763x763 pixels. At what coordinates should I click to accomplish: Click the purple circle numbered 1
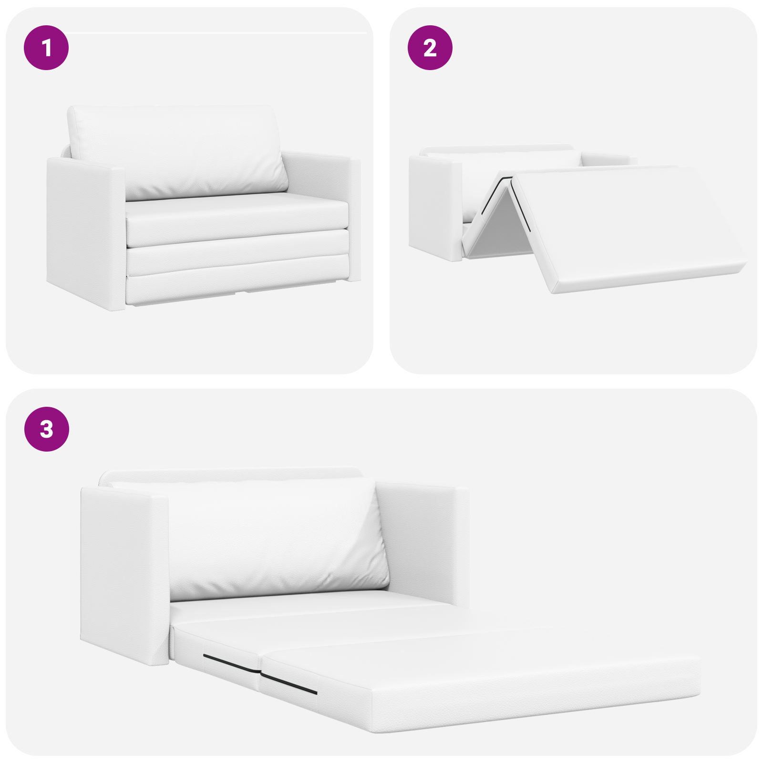point(46,48)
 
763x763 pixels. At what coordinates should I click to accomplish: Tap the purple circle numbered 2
point(430,48)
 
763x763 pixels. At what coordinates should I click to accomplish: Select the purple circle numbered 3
point(46,429)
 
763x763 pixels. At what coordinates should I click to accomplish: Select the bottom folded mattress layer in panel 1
point(236,284)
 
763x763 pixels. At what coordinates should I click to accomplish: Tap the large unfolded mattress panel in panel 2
point(629,224)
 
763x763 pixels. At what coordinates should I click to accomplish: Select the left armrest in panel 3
point(124,572)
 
